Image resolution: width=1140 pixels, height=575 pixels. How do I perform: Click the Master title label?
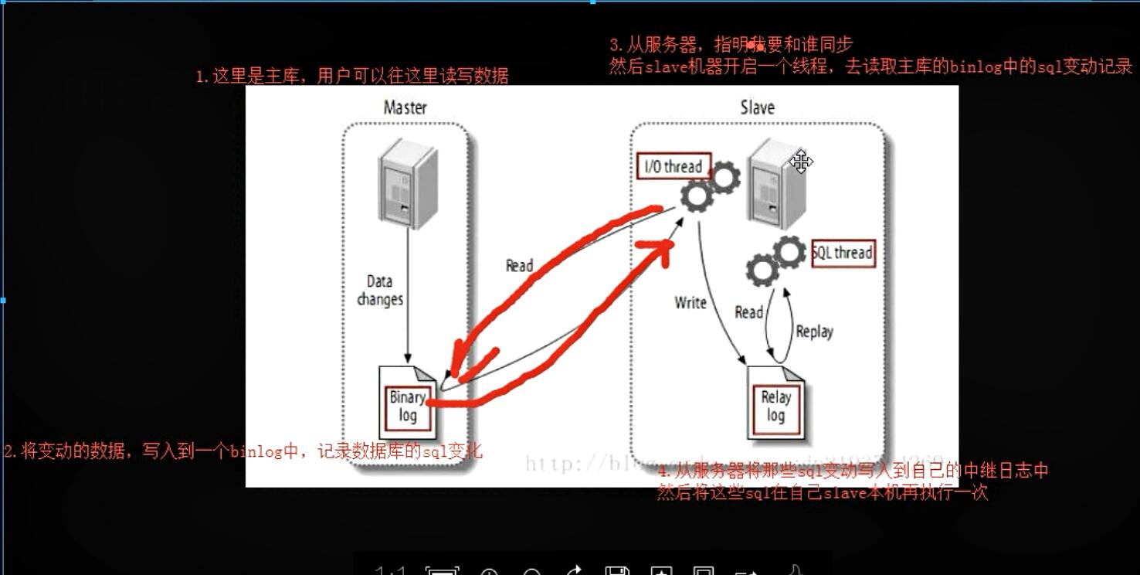405,107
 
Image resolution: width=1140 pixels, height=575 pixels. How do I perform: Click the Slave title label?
757,107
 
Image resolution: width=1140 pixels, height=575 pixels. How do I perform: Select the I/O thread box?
673,166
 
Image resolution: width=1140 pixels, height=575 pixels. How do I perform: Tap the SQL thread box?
843,253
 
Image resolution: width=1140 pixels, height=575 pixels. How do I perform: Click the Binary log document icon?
408,402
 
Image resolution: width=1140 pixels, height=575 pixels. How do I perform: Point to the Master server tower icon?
407,182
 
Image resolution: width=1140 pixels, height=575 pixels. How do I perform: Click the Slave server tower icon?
775,184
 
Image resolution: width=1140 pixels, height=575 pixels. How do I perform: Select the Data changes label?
380,291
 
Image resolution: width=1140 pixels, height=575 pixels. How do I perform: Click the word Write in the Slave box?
690,302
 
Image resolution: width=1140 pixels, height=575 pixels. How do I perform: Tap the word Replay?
814,332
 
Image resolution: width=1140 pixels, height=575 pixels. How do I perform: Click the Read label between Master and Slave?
519,266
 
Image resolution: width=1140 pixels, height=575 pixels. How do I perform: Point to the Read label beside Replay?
748,312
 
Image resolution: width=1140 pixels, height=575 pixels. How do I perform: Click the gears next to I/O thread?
710,186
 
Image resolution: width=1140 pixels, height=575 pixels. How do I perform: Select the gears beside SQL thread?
775,260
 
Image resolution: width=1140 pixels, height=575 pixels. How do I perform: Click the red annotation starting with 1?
351,76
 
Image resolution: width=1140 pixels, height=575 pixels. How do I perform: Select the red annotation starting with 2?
243,451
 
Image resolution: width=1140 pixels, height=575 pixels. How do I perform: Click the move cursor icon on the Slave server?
801,162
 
